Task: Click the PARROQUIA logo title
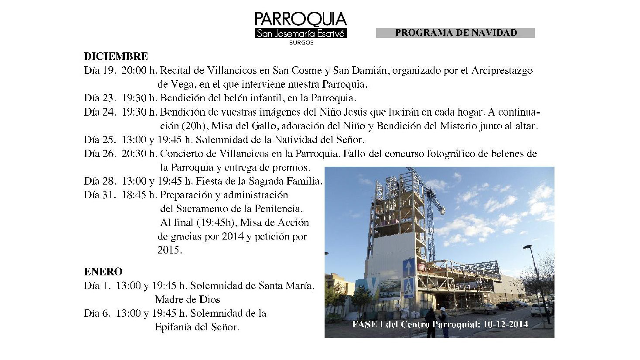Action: point(301,19)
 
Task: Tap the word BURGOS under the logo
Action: point(301,43)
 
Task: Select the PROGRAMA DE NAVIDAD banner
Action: point(455,33)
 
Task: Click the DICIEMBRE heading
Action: point(116,56)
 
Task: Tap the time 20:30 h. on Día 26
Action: point(139,154)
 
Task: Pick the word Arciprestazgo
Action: point(502,70)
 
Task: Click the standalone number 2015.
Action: point(169,250)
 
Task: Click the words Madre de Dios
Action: point(188,300)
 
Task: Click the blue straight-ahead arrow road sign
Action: point(409,267)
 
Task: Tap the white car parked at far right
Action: point(541,309)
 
